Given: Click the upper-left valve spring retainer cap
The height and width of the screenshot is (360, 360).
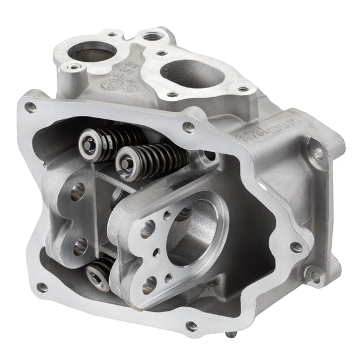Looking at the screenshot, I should pos(89,142).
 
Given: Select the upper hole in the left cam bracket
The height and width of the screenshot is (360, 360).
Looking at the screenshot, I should pos(77,191).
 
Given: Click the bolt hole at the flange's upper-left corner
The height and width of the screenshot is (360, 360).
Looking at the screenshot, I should pos(30,107).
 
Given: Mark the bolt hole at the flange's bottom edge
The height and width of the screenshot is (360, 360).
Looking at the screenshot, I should pos(191,326).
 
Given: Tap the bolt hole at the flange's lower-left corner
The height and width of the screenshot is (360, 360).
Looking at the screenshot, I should pos(41,287).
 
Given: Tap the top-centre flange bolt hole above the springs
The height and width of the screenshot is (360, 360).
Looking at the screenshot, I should pos(188,127).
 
